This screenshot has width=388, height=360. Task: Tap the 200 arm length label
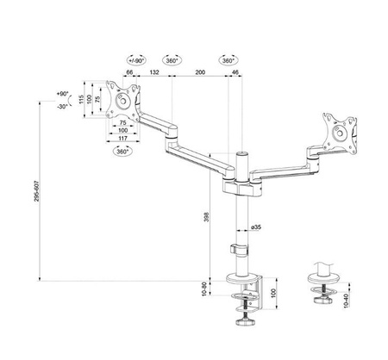tap(200, 74)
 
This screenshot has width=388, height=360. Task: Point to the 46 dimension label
tap(236, 74)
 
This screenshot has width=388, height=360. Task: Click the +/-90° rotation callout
tap(135, 61)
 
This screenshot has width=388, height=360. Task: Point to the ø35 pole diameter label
tap(256, 227)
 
